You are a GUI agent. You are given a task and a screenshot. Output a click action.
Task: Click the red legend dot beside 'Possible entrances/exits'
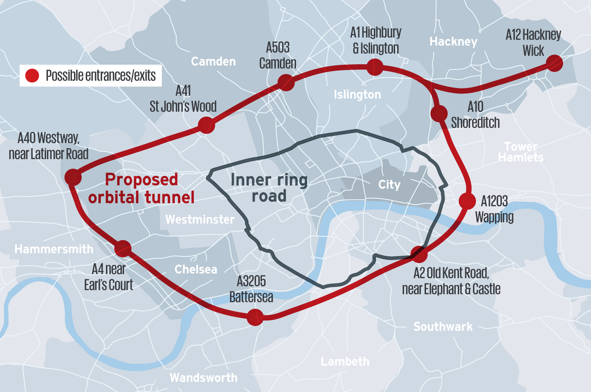coord(32,75)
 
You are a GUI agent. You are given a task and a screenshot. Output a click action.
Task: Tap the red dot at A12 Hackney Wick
coord(554,63)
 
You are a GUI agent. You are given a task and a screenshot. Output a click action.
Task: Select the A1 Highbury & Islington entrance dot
coord(375,67)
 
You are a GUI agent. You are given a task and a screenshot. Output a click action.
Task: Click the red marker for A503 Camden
coord(286,82)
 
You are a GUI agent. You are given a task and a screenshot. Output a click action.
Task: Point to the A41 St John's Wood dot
coord(206,125)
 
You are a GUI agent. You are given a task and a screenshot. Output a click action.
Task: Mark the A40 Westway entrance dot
coord(73,177)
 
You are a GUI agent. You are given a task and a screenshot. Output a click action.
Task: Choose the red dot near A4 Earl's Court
coord(123,249)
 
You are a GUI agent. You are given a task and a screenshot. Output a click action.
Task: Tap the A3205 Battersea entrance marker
coord(255,317)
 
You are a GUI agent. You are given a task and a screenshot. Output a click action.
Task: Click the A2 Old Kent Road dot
coord(419,254)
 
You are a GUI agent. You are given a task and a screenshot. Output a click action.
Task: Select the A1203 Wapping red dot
coord(467,201)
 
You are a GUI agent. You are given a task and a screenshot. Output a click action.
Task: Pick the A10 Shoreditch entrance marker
coord(439,114)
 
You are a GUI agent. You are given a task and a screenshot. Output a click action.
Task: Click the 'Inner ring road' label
coord(269,188)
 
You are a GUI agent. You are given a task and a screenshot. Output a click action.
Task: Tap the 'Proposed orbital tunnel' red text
coord(141,189)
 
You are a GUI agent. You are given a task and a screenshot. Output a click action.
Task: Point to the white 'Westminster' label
coord(200,220)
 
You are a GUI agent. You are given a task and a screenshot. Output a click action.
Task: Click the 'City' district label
coord(389,185)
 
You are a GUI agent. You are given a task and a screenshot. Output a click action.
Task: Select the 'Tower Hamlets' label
coord(521,152)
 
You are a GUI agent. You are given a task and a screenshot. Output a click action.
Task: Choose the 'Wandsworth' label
coord(204,378)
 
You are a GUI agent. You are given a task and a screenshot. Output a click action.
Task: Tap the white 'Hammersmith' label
coord(54,249)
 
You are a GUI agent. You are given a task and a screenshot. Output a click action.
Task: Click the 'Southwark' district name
coord(443,327)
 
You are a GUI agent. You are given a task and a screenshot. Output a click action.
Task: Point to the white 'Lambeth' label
coord(345,361)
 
